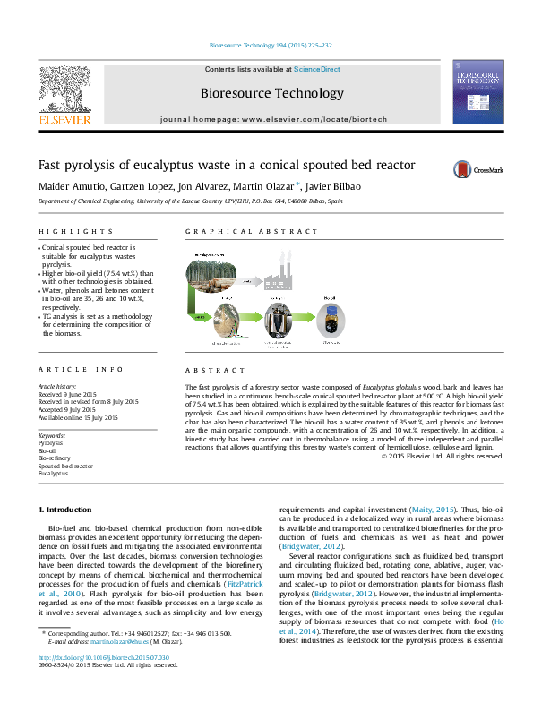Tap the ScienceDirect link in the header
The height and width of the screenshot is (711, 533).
(x=317, y=69)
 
